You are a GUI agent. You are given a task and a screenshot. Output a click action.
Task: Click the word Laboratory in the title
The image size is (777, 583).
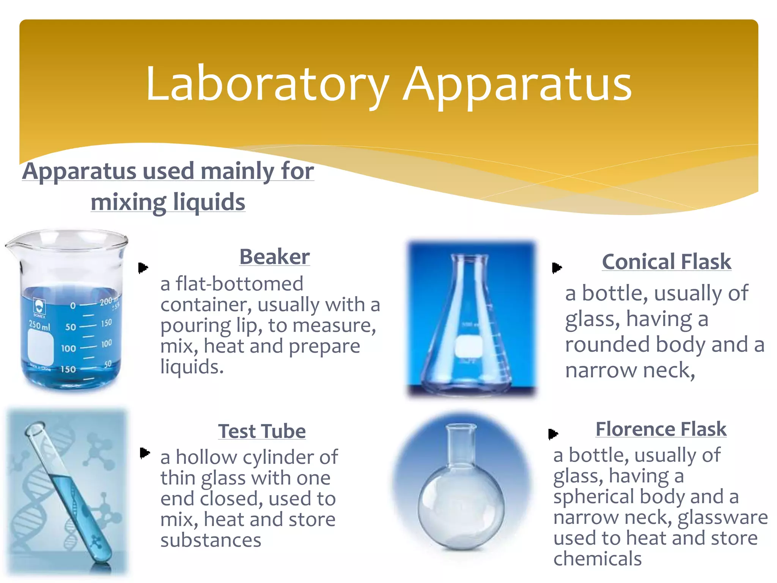(x=267, y=84)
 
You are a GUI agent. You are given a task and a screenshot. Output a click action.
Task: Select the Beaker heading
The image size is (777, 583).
(x=274, y=257)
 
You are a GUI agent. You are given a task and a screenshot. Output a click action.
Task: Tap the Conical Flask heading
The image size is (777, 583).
(x=666, y=262)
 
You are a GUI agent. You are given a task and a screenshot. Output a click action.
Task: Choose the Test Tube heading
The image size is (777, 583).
(x=262, y=431)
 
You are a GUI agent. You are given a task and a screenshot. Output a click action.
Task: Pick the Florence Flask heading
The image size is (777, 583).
(x=661, y=429)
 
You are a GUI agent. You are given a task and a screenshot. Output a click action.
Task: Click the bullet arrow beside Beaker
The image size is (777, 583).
(x=143, y=268)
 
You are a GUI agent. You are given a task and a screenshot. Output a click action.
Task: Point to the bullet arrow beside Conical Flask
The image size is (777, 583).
(x=557, y=268)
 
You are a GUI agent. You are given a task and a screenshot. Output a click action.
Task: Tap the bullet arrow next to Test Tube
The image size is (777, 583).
(x=145, y=453)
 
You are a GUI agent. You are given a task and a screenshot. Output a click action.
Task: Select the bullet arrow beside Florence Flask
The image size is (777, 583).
(x=553, y=433)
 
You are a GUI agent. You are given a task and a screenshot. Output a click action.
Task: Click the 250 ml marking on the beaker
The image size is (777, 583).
(x=39, y=325)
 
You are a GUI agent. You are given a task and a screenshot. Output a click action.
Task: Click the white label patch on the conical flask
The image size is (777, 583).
(x=469, y=346)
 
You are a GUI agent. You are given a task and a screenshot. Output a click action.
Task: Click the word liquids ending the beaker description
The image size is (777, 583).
(x=192, y=367)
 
